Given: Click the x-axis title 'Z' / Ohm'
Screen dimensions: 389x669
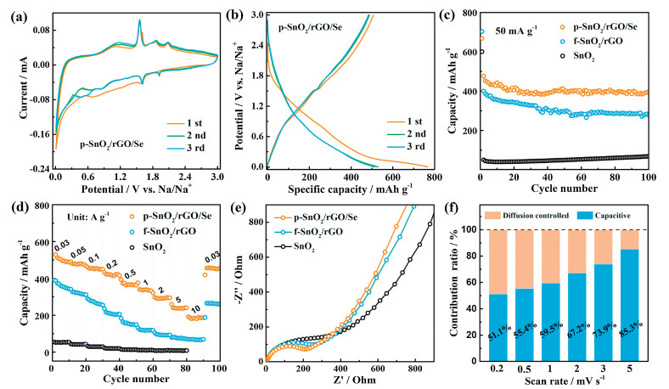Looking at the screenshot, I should [x=346, y=380].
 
